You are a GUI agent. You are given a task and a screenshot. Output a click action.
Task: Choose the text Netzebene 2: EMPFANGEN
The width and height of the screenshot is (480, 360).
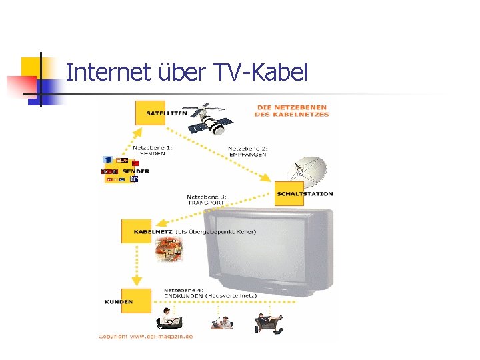[247, 151]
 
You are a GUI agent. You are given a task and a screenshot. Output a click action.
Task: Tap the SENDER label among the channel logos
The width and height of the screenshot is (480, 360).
[135, 171]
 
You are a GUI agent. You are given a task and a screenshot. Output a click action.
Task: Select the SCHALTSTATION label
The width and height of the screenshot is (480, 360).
[305, 194]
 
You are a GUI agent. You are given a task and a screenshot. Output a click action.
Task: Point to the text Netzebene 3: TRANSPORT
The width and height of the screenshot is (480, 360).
[207, 199]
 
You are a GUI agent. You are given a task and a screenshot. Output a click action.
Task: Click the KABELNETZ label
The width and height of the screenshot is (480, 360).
[153, 232]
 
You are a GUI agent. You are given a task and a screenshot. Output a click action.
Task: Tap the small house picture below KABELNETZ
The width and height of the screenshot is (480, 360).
[168, 252]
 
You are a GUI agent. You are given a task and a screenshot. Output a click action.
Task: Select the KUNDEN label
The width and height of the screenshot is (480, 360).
[118, 302]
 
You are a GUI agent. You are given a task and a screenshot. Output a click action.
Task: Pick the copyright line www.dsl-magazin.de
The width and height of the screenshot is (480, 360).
[146, 337]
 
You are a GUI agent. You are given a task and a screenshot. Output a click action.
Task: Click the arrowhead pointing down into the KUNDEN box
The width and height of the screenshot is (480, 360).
[136, 282]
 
